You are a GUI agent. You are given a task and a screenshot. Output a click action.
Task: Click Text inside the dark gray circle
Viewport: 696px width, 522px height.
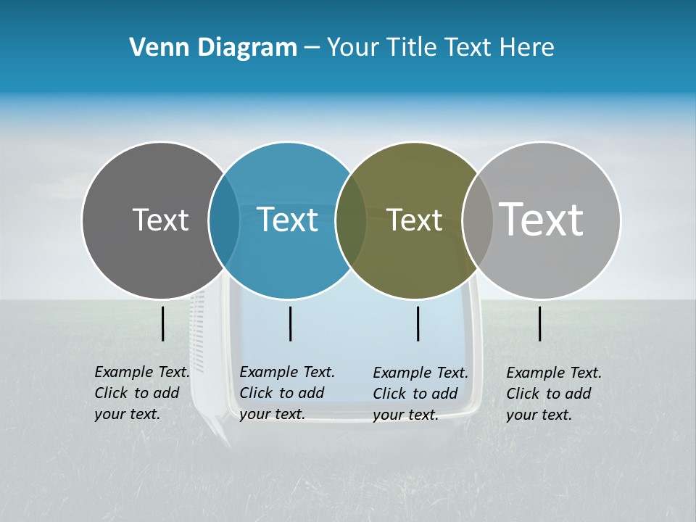pos(160,220)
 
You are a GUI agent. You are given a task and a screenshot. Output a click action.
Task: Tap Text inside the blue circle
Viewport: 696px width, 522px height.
pos(288,220)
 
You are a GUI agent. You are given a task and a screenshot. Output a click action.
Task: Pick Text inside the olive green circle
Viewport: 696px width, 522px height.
pos(415,220)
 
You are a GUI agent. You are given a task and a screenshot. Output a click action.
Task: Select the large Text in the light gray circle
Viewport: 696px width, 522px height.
pos(542,220)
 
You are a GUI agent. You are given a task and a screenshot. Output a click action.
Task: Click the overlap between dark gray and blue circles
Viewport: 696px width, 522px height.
pos(224,220)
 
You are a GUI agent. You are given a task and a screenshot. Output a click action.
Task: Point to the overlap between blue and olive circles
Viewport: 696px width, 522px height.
pos(351,220)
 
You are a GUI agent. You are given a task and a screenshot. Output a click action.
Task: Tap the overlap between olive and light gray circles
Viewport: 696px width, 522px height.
pos(477,220)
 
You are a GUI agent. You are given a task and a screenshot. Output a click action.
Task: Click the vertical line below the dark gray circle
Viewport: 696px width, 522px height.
pos(162,323)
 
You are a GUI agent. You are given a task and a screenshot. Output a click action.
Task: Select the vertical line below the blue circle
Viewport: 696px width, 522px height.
pos(290,323)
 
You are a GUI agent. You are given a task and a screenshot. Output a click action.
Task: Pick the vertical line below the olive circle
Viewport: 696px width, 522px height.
pos(418,323)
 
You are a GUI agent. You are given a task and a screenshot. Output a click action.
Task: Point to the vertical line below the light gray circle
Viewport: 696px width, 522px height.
pos(540,323)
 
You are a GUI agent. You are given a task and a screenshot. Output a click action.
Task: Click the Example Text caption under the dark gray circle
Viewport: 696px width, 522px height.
pos(141,393)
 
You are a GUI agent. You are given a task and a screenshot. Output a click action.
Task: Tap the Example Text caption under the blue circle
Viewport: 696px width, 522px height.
pos(286,393)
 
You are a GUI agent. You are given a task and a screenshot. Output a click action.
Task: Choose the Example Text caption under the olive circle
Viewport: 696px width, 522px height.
pos(420,394)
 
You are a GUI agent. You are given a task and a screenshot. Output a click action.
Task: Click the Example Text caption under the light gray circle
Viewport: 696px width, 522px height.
pos(553,394)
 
